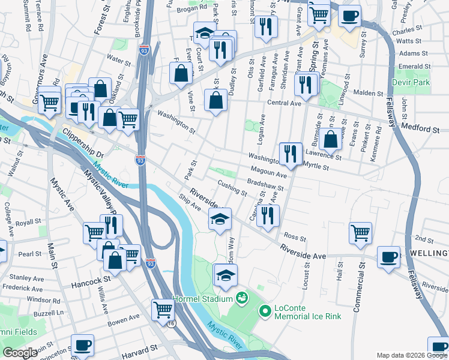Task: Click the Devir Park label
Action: (x=411, y=81)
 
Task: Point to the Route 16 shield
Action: (x=172, y=323)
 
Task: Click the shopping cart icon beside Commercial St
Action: (x=360, y=232)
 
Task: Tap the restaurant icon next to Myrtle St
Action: (x=291, y=153)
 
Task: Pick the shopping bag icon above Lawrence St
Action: (x=330, y=139)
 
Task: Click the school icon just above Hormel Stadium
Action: (x=225, y=275)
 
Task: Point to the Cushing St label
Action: (x=233, y=189)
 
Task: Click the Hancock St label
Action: (x=83, y=280)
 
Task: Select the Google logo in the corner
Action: (x=20, y=353)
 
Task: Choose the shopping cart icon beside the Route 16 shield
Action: (x=162, y=310)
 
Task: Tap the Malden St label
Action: (x=368, y=93)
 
